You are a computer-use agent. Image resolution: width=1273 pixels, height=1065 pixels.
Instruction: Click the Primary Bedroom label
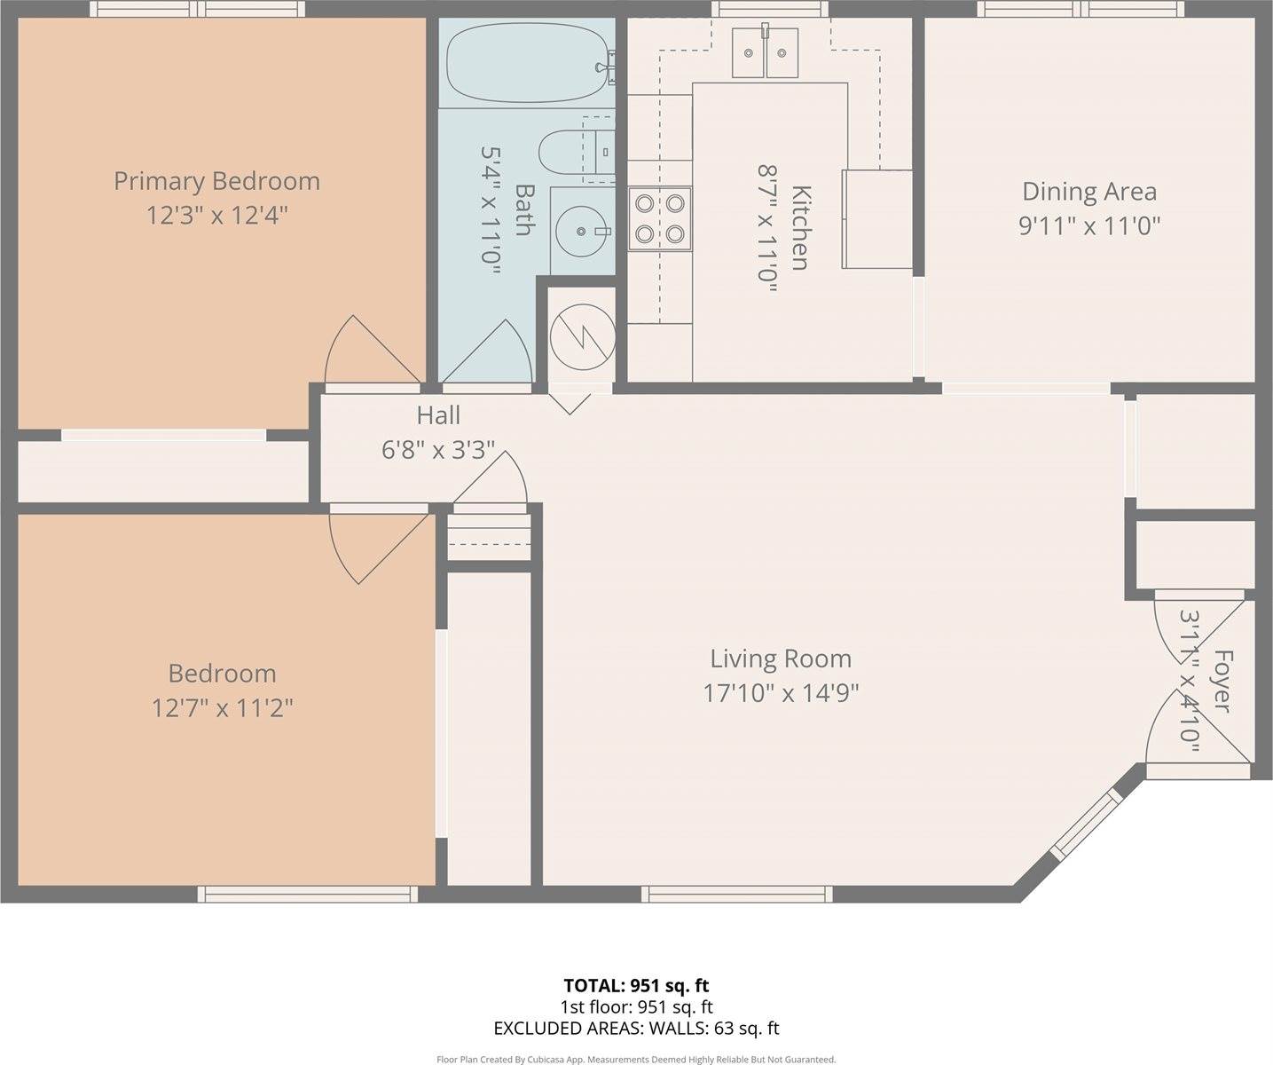(x=216, y=181)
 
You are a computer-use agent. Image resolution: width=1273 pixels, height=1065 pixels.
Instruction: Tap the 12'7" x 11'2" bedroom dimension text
(x=222, y=708)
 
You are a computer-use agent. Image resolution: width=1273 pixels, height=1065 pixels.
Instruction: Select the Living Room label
(x=781, y=659)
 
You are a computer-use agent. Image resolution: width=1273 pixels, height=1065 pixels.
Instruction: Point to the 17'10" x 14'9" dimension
(x=781, y=692)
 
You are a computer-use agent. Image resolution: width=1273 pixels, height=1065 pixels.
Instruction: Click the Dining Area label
(x=1089, y=192)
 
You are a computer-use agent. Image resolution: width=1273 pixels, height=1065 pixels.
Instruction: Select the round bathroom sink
(x=581, y=231)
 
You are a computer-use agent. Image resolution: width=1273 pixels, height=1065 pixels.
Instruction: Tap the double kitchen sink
(x=765, y=52)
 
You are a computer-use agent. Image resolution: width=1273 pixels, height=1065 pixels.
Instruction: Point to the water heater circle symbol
(x=582, y=336)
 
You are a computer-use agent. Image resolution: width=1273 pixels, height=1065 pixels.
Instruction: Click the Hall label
(x=438, y=415)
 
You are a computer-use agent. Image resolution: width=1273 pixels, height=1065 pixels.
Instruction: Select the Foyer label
(x=1222, y=681)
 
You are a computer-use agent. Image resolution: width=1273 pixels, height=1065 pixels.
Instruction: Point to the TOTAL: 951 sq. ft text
(x=636, y=985)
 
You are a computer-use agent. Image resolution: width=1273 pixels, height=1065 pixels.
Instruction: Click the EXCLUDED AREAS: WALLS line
(x=636, y=1029)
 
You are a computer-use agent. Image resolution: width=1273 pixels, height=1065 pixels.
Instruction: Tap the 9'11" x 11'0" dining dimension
(x=1089, y=225)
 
